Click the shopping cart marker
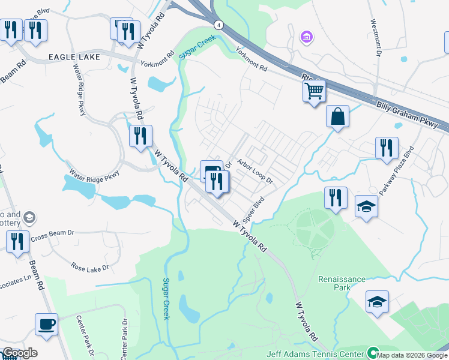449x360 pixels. [314, 92]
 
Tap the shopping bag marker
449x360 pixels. [337, 116]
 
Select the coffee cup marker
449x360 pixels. [47, 325]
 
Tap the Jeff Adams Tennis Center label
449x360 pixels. [325, 354]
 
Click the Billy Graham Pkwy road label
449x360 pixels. [412, 115]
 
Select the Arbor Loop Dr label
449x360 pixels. [255, 172]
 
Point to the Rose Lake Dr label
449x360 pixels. [89, 267]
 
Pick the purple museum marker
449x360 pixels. [307, 38]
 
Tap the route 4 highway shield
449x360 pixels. [217, 25]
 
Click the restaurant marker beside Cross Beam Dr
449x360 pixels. [17, 242]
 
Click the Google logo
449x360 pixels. [20, 353]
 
